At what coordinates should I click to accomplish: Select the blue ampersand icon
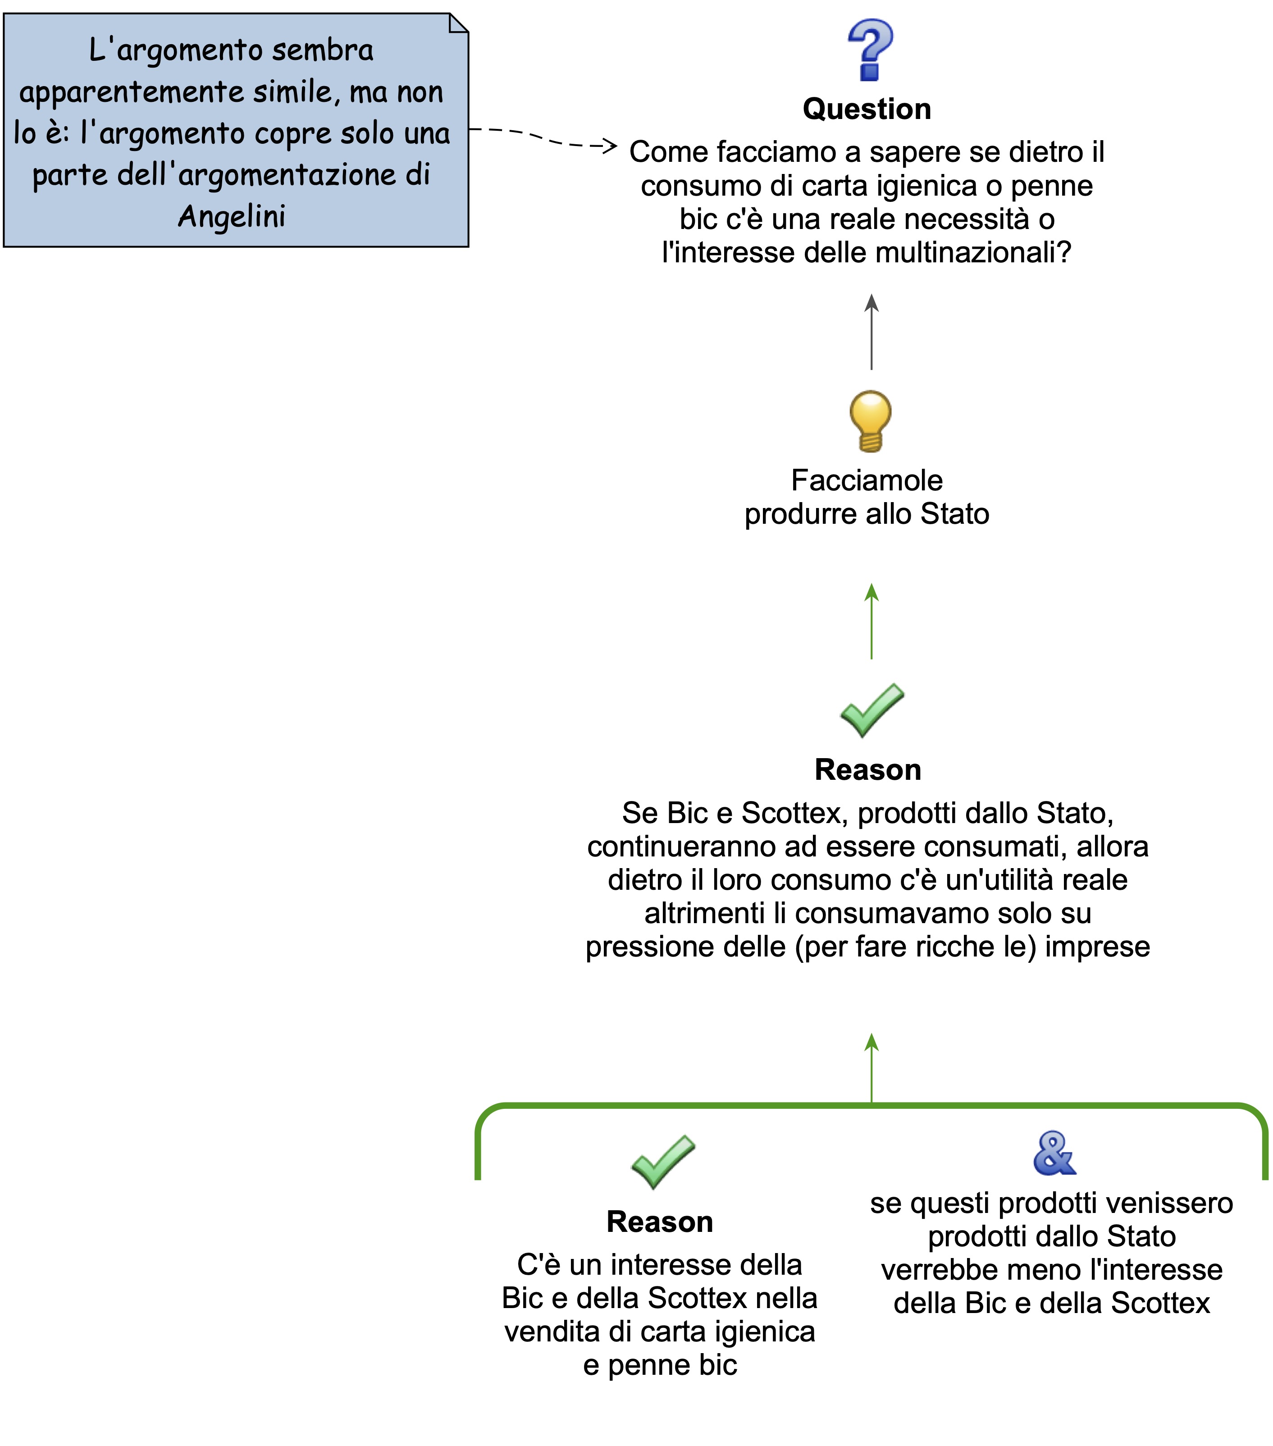pyautogui.click(x=1054, y=1154)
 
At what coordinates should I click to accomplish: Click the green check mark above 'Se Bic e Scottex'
pyautogui.click(x=871, y=710)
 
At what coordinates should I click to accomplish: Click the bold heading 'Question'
pyautogui.click(x=867, y=109)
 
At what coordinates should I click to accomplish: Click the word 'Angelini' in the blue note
pyautogui.click(x=232, y=216)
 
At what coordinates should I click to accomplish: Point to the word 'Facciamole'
pyautogui.click(x=867, y=480)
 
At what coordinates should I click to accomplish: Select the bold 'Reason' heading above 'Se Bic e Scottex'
pyautogui.click(x=868, y=770)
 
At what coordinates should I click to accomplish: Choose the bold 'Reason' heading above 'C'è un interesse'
pyautogui.click(x=660, y=1222)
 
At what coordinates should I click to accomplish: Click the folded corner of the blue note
pyautogui.click(x=458, y=23)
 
